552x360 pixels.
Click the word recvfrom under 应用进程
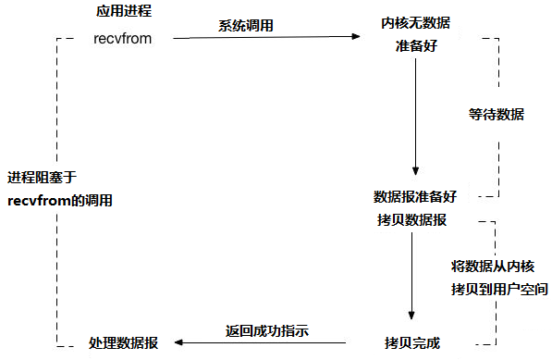pyautogui.click(x=122, y=39)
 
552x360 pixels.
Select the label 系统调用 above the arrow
pyautogui.click(x=246, y=26)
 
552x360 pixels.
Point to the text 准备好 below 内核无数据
pyautogui.click(x=414, y=45)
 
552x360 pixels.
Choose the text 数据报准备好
pyautogui.click(x=414, y=196)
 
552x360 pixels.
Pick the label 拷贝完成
pyautogui.click(x=414, y=341)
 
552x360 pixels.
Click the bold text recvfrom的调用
pyautogui.click(x=61, y=200)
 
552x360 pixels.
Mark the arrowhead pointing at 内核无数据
pyautogui.click(x=356, y=37)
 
